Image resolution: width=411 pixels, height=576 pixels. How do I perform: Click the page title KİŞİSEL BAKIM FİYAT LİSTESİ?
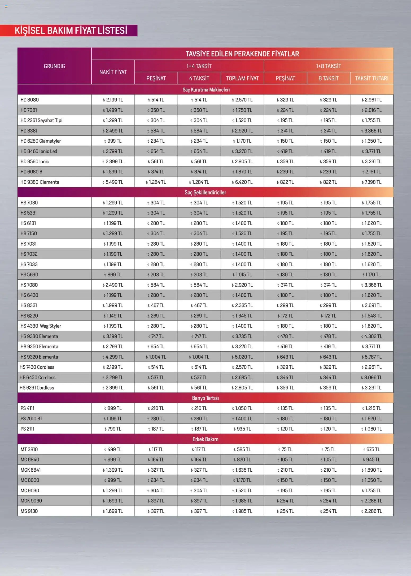[71, 31]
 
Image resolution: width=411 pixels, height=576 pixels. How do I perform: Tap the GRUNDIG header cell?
[54, 66]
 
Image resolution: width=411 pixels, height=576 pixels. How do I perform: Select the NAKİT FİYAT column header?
[113, 72]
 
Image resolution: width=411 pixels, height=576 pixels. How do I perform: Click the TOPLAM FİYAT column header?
[242, 78]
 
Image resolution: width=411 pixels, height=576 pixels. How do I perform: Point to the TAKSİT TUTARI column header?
[371, 78]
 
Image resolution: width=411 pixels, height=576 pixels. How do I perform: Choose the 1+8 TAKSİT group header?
[328, 66]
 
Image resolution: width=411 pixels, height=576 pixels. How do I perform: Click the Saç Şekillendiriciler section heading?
[205, 192]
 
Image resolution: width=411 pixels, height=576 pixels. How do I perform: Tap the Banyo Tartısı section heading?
[205, 398]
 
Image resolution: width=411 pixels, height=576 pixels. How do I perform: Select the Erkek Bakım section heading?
[205, 439]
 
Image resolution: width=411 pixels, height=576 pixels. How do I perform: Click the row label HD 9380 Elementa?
[40, 182]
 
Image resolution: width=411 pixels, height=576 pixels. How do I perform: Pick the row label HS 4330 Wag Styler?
[41, 326]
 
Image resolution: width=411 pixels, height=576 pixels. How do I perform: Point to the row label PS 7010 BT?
[31, 419]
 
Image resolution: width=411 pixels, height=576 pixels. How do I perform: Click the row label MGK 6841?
[30, 470]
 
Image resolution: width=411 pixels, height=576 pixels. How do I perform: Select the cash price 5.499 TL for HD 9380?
[113, 182]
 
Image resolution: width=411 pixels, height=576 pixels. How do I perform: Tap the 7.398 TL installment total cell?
[371, 182]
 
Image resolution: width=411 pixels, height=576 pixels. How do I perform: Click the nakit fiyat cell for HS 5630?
[113, 275]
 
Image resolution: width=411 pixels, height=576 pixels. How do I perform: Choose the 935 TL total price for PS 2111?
[242, 429]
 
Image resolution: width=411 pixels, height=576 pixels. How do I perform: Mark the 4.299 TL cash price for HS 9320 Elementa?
[113, 357]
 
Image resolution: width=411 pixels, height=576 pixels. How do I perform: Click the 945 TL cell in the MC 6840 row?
[371, 459]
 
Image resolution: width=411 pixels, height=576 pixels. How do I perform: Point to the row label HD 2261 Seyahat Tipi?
[41, 120]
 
